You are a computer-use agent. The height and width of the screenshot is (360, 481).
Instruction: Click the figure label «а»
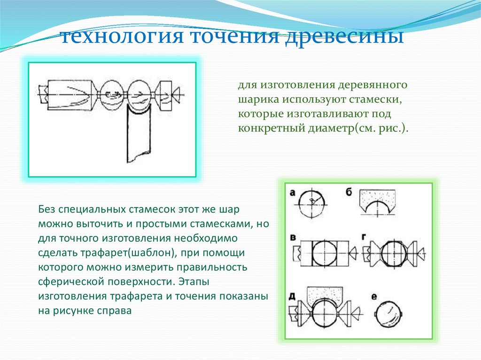(293, 191)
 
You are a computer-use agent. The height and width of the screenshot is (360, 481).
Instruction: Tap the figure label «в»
(293, 237)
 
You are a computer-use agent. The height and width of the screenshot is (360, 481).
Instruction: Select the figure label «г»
(363, 237)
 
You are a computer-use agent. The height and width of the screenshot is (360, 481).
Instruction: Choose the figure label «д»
(292, 295)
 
